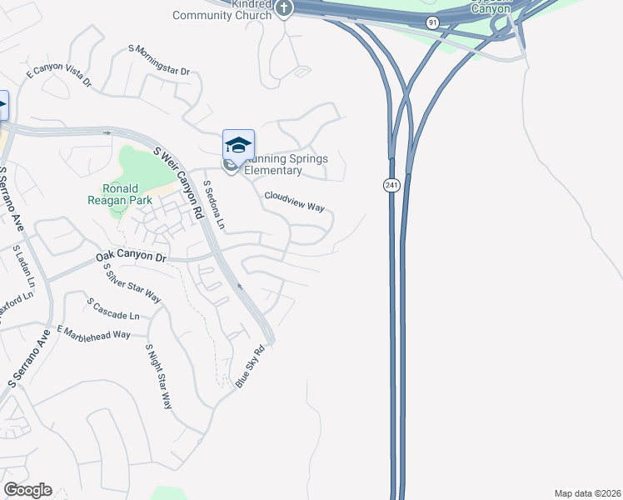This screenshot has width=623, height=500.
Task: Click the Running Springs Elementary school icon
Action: coord(238,143)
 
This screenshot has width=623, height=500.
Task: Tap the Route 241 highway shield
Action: coord(391,185)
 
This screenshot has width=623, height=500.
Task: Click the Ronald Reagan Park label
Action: coord(121,194)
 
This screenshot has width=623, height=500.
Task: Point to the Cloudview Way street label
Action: coord(294,202)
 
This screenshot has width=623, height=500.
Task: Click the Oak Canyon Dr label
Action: coord(131,257)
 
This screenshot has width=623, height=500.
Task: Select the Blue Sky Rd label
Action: coord(252,366)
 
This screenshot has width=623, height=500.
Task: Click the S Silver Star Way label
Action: coord(132,282)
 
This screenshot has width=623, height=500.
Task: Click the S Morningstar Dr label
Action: coord(159,60)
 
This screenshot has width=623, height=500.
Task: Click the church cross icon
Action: coord(284,9)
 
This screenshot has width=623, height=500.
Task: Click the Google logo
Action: coord(27,490)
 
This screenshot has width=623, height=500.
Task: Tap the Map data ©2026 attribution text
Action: coord(586,493)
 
